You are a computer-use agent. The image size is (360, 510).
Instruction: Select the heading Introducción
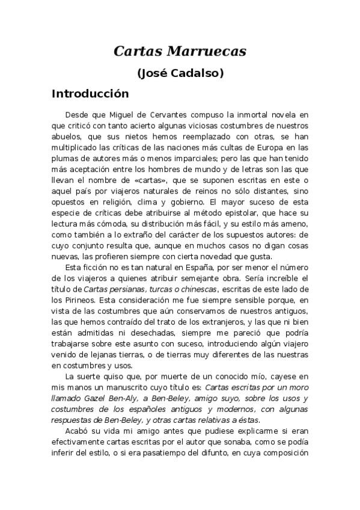pyautogui.click(x=90, y=94)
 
